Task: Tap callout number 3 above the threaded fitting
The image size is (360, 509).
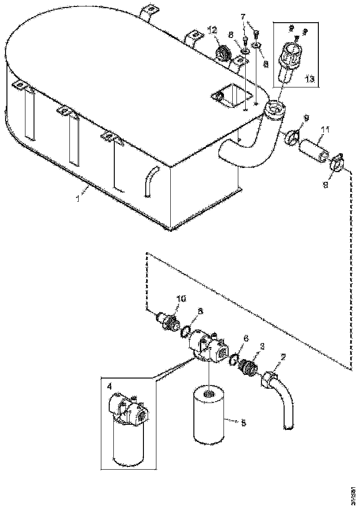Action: pos(262,346)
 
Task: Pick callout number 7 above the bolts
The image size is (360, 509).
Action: pos(242,17)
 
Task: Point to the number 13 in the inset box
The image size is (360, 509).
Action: pos(309,79)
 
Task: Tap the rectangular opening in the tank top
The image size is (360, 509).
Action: pos(231,98)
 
